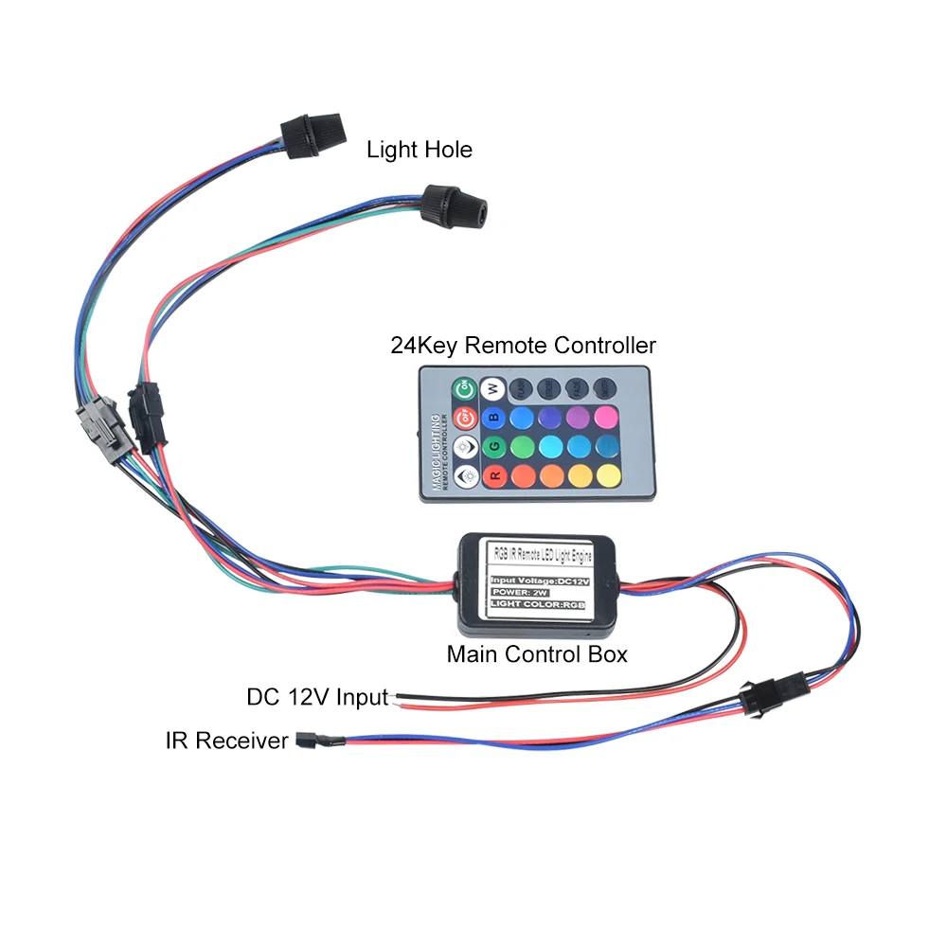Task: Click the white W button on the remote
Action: (491, 388)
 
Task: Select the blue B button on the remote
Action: (491, 417)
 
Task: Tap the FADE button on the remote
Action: (576, 387)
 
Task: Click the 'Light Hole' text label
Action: (419, 150)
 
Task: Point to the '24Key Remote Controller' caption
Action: (523, 346)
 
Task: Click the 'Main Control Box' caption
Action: (537, 654)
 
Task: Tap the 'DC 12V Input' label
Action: (317, 698)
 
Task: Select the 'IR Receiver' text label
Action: (226, 741)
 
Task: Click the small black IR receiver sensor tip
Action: (306, 739)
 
